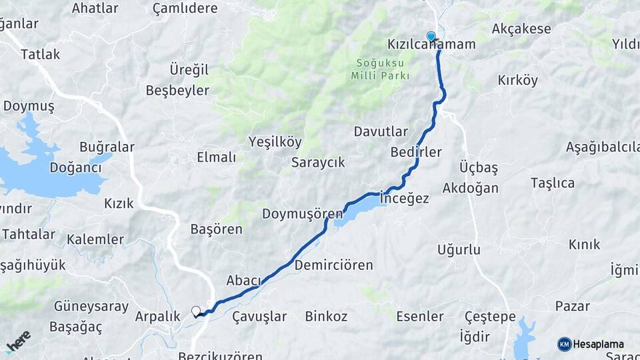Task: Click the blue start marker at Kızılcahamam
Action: (x=431, y=37)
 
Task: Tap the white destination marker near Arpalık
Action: (x=195, y=311)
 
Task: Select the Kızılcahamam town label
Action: (x=431, y=45)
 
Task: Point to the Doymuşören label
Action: (x=302, y=214)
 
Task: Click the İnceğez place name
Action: (x=404, y=199)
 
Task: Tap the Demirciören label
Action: (x=333, y=265)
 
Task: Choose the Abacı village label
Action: (x=243, y=281)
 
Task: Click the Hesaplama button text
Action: (x=598, y=345)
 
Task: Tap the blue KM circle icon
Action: (x=564, y=345)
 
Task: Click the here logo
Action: (x=18, y=341)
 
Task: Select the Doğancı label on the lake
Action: (x=75, y=168)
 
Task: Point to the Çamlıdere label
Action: (x=185, y=9)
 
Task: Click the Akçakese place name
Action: (x=521, y=29)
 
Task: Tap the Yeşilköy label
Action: (x=275, y=141)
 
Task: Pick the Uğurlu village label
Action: (x=459, y=250)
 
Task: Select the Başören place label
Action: (x=217, y=229)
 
